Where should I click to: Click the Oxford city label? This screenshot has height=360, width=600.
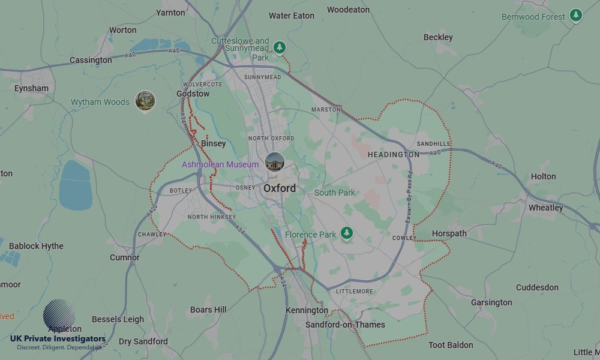coord(280,188)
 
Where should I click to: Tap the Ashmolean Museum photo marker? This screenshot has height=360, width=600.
coord(275,162)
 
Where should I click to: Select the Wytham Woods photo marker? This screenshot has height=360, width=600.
coord(145,101)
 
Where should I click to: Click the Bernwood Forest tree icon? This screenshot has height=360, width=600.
coord(576,15)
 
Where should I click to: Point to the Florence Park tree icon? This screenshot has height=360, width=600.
coord(347,233)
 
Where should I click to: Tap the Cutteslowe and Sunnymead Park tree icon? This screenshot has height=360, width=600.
coord(279,47)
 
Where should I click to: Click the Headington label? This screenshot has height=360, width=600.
coord(394,154)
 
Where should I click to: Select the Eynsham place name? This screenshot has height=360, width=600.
coord(31,88)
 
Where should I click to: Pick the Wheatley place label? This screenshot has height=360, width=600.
coord(545,208)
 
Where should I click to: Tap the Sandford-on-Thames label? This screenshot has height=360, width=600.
coord(345,325)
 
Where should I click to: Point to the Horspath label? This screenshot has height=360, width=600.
coord(449,233)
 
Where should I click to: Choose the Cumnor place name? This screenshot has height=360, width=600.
coord(125,257)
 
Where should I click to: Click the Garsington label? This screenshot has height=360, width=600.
coord(491,302)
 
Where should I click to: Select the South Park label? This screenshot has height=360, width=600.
coord(335,193)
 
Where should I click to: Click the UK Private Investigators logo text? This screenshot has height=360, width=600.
coord(58,338)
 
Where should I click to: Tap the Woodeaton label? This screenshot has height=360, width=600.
coord(348,10)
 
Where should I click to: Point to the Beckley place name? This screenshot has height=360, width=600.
coord(438,37)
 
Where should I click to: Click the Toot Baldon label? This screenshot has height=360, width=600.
coord(451,345)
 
